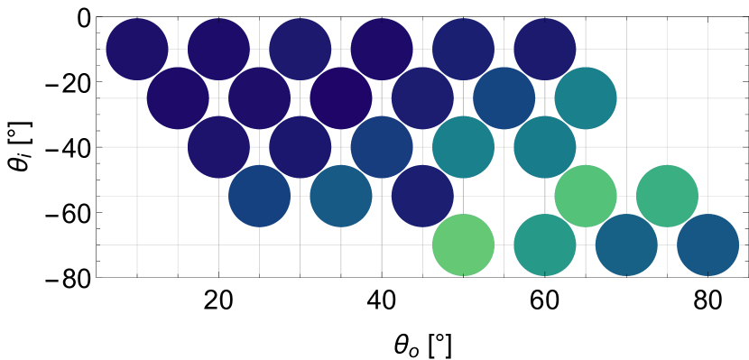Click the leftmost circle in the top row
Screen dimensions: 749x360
(x=137, y=49)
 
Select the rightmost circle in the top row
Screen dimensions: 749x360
(x=545, y=49)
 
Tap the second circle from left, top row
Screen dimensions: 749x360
(x=218, y=49)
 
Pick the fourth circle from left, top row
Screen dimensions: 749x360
(x=382, y=49)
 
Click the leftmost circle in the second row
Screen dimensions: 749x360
(x=178, y=97)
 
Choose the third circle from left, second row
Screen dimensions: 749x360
(x=341, y=97)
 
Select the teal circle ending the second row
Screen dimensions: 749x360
(x=586, y=97)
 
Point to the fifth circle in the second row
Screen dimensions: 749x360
(x=504, y=97)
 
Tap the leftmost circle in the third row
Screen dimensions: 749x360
(x=218, y=147)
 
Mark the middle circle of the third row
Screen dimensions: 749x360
(x=382, y=147)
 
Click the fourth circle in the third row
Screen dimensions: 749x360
(x=463, y=147)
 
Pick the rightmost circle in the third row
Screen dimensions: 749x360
(x=545, y=147)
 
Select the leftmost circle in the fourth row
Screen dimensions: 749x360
(x=259, y=196)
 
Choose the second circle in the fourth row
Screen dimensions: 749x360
(x=341, y=196)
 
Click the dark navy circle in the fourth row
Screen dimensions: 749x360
(x=422, y=196)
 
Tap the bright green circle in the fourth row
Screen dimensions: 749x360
(x=586, y=196)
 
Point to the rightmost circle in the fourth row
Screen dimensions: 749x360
(x=667, y=196)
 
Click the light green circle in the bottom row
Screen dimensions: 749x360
(x=463, y=245)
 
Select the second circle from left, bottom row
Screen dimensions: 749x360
(x=545, y=245)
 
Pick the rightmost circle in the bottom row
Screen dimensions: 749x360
(x=708, y=245)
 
